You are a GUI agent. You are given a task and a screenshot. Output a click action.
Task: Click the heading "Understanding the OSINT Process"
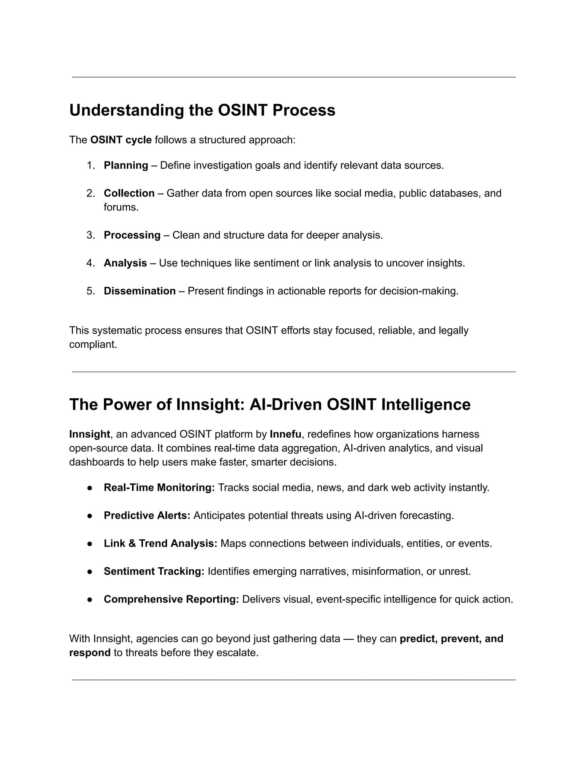click(202, 110)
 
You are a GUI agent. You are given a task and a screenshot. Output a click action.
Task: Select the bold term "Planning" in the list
click(126, 165)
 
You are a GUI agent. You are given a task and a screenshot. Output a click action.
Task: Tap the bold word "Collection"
click(129, 193)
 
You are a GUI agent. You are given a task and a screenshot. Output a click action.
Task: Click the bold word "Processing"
click(132, 235)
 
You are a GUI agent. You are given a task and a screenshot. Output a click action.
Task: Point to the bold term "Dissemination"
click(140, 291)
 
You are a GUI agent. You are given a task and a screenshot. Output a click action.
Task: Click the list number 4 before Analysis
click(90, 263)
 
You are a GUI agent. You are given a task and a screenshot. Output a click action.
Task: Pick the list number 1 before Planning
click(90, 165)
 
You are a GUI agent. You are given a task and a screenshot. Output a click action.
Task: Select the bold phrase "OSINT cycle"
click(121, 140)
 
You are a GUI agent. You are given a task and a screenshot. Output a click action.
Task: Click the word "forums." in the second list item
click(121, 207)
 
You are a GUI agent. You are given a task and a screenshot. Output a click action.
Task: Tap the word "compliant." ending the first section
click(93, 344)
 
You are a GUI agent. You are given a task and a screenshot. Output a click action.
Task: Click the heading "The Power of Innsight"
click(270, 405)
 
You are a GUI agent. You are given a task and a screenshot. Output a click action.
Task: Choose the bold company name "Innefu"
click(285, 434)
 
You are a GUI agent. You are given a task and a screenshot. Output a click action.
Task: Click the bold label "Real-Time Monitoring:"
click(159, 488)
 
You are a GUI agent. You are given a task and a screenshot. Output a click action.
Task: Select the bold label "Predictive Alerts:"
click(147, 515)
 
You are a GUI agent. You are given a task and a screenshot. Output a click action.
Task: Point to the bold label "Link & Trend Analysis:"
click(160, 543)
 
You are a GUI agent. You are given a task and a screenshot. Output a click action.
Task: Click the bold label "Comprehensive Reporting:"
click(171, 599)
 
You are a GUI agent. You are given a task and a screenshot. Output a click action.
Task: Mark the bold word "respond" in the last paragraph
click(90, 652)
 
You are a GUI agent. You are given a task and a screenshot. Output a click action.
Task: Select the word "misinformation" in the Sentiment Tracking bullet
click(387, 571)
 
